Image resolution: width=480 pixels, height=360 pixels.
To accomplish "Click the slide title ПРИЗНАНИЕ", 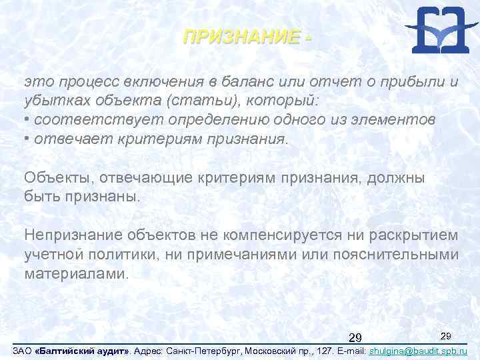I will [241, 37].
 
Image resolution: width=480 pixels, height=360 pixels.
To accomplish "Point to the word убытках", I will [49, 101].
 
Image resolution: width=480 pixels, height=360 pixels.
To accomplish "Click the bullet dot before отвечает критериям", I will [27, 139].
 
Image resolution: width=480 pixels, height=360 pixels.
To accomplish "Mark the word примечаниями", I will [243, 254].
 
